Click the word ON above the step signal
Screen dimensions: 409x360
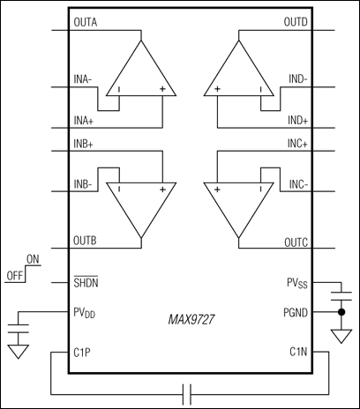pos(34,259)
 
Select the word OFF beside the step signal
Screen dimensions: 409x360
pos(13,273)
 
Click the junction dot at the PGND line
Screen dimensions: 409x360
pos(341,312)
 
